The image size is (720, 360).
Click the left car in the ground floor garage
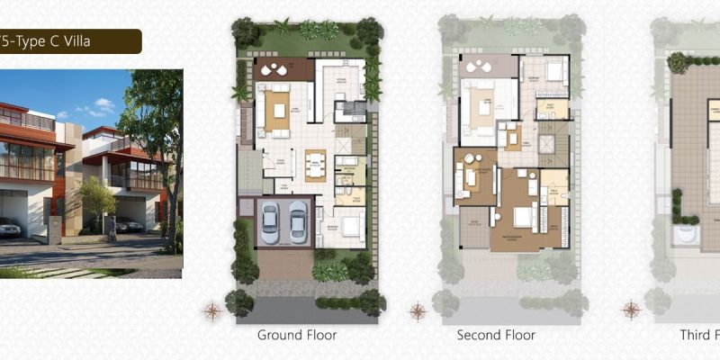click(x=271, y=221)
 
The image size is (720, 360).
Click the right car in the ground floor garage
click(x=297, y=221)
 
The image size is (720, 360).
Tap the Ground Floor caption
click(x=297, y=336)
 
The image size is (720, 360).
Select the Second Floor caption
click(x=496, y=336)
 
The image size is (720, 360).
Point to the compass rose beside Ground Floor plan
click(x=213, y=312)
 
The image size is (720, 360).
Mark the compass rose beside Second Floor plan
click(x=418, y=312)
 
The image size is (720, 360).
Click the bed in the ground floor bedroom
click(x=352, y=221)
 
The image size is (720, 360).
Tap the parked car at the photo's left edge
click(x=8, y=228)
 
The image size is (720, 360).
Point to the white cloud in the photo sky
click(x=103, y=105)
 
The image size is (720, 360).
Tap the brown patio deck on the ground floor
click(x=283, y=70)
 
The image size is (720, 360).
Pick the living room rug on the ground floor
click(x=274, y=112)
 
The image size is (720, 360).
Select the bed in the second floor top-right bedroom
click(x=554, y=69)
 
